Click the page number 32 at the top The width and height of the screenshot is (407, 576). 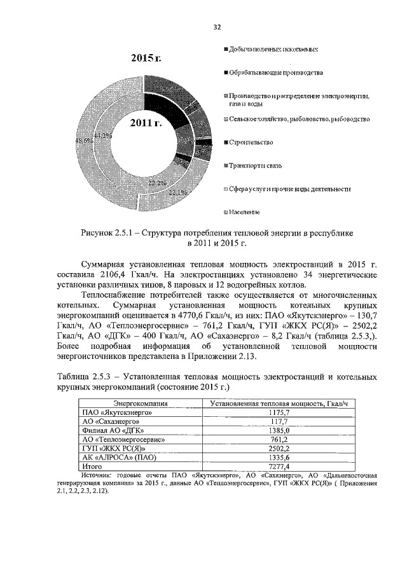pyautogui.click(x=216, y=27)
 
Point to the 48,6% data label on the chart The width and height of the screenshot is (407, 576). pyautogui.click(x=84, y=141)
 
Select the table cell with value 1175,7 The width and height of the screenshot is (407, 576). pyautogui.click(x=277, y=412)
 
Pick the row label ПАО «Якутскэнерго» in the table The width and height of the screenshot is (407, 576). pyautogui.click(x=114, y=412)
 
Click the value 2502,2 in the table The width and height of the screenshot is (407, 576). pyautogui.click(x=277, y=448)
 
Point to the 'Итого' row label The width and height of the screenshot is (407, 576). pyautogui.click(x=93, y=466)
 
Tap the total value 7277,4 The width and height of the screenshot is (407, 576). pyautogui.click(x=277, y=466)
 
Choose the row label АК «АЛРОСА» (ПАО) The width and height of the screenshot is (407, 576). pyautogui.click(x=120, y=457)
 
